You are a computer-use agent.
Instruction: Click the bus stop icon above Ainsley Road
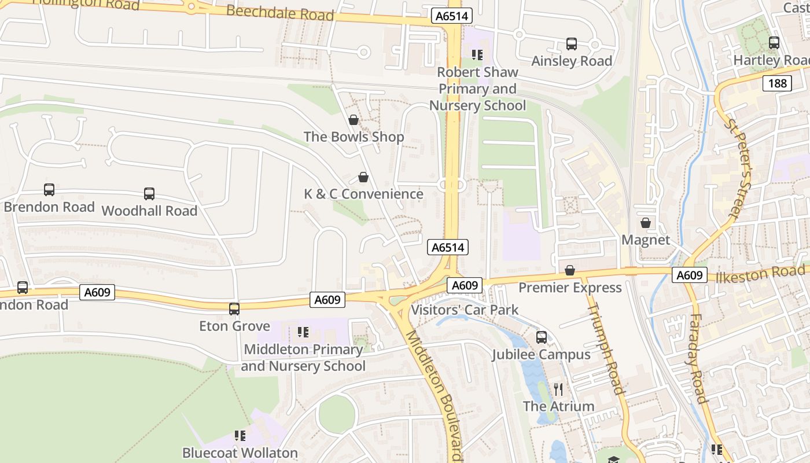point(572,44)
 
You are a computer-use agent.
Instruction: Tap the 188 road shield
point(777,83)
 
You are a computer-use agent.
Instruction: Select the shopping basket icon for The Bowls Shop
point(354,120)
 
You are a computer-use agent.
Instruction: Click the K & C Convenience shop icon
point(363,177)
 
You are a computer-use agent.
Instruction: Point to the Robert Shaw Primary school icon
point(477,55)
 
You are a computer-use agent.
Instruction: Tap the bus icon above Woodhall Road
point(149,194)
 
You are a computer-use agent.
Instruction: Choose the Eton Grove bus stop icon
point(234,309)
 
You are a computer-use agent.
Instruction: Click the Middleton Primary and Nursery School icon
point(303,332)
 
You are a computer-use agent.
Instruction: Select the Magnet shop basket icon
point(646,223)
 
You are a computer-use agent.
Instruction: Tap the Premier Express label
point(570,288)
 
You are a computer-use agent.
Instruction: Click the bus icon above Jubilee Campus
point(542,337)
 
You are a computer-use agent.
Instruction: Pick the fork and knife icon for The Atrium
point(558,389)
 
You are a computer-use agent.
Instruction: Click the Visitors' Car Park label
point(465,310)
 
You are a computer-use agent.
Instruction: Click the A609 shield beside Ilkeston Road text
point(690,275)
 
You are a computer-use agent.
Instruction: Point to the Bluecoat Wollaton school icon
point(240,435)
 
